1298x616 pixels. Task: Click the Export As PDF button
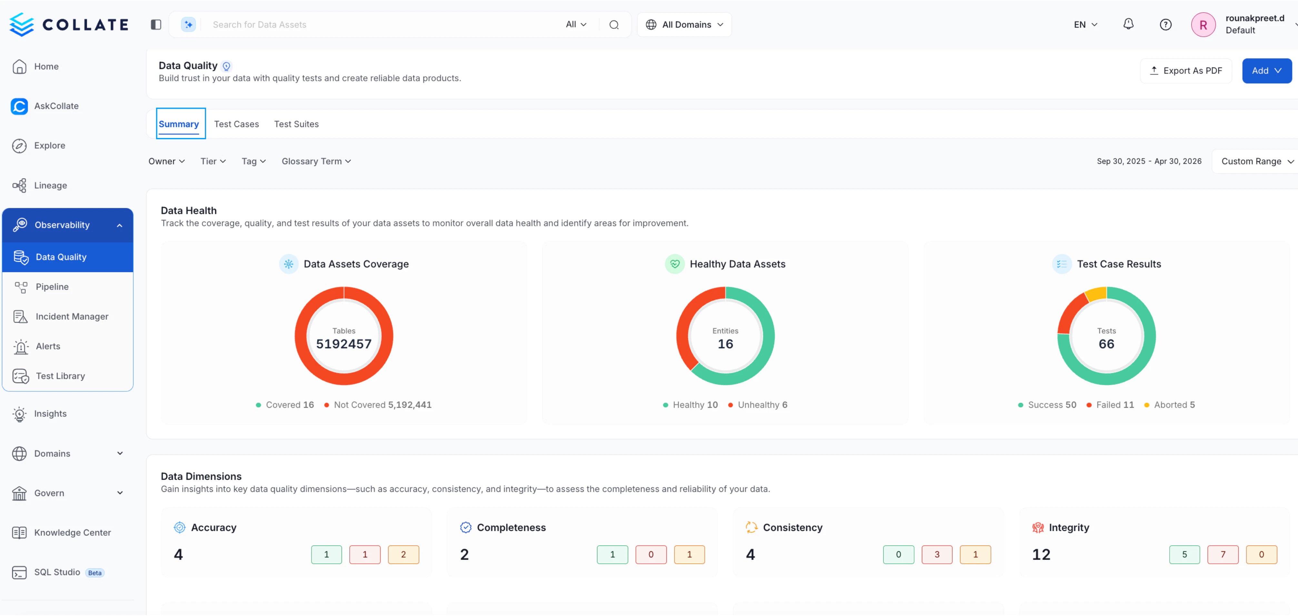point(1186,71)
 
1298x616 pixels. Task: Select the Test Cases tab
point(236,124)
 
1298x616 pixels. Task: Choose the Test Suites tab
point(296,124)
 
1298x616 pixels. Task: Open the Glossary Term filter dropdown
point(316,161)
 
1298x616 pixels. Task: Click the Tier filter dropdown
point(213,161)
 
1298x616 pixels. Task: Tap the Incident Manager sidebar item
point(72,316)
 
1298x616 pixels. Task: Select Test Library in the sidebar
point(60,376)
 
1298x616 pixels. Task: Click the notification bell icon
point(1128,24)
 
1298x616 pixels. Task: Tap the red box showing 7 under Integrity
point(1223,554)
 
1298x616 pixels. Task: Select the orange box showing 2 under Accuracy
point(403,554)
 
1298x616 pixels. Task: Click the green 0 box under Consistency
point(898,554)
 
